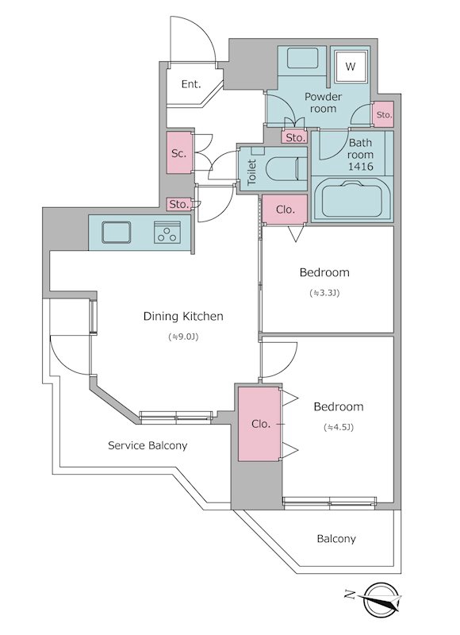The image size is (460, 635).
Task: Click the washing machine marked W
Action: pos(350,66)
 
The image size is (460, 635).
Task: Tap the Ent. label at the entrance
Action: pos(191,84)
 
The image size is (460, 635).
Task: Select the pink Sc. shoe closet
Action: pos(179,152)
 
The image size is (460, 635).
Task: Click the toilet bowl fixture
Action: pos(283,168)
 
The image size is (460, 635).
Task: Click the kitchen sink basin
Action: pos(117,233)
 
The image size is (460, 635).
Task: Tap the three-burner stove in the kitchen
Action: pos(167,233)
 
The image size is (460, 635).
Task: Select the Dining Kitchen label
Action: pos(183,316)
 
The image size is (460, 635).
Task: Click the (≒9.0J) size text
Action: pos(183,337)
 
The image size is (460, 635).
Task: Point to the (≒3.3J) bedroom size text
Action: pos(324,293)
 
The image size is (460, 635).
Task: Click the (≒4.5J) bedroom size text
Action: pos(339,427)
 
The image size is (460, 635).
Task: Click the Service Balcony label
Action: pos(148,446)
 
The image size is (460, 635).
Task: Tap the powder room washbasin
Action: pos(302,60)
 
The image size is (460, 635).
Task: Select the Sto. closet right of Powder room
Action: pos(383,114)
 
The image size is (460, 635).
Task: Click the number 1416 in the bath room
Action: pos(361,167)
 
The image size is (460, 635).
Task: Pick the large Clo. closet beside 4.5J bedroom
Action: pos(259,424)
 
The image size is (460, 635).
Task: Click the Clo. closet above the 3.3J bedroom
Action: pos(285,209)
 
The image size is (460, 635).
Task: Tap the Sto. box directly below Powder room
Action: pos(295,137)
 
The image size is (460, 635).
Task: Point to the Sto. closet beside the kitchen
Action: pos(179,204)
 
